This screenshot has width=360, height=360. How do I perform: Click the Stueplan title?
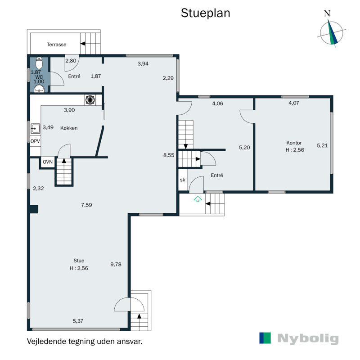[x=205, y=13]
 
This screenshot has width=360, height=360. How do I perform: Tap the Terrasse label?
[x=57, y=45]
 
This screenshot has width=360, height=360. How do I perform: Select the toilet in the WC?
[x=39, y=63]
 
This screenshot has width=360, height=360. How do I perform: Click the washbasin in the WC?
[x=39, y=89]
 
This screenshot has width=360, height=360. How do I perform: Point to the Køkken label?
[x=69, y=128]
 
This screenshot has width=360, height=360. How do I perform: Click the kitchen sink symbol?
[x=35, y=129]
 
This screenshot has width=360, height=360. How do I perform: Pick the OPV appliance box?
[x=36, y=141]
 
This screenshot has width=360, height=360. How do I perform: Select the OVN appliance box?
[x=48, y=162]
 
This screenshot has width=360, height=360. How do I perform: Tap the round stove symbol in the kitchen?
[x=90, y=100]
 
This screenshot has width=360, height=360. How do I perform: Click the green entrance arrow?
[x=198, y=199]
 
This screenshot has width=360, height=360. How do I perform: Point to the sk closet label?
[x=183, y=180]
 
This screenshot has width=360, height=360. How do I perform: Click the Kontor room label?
[x=294, y=143]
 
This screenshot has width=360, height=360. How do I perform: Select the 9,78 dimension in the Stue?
[x=116, y=264]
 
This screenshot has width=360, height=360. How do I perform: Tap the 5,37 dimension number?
[x=78, y=321]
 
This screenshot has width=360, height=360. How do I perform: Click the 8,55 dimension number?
[x=169, y=155]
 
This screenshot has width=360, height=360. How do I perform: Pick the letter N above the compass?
[x=327, y=13]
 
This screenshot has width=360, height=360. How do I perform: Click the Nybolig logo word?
[x=308, y=339]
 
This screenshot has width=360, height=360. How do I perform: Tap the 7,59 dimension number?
[x=86, y=205]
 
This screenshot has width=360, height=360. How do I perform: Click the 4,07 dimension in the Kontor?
[x=294, y=103]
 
